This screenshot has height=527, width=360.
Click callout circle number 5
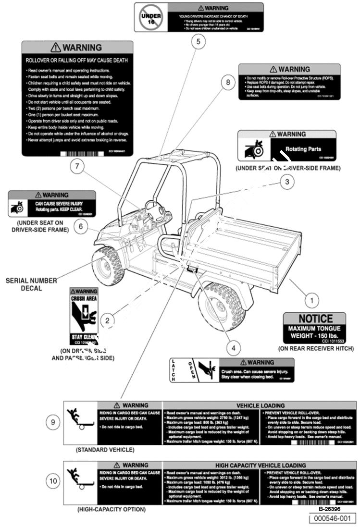pyautogui.click(x=197, y=41)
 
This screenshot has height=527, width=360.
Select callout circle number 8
pyautogui.click(x=228, y=82)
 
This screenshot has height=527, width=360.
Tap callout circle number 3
pyautogui.click(x=287, y=182)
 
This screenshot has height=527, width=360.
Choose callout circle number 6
pyautogui.click(x=81, y=227)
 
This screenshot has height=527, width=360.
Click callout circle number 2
pyautogui.click(x=108, y=319)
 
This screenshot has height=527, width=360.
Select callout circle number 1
pyautogui.click(x=311, y=301)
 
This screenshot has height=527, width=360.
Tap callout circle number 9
pyautogui.click(x=53, y=422)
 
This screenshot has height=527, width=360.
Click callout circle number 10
pyautogui.click(x=53, y=480)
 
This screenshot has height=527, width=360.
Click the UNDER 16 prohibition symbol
pyautogui.click(x=150, y=17)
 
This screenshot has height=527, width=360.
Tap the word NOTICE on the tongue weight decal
pyautogui.click(x=315, y=319)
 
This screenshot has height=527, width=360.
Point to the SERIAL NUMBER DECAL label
pyautogui.click(x=31, y=284)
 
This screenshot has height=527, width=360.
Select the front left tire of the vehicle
pyautogui.click(x=109, y=265)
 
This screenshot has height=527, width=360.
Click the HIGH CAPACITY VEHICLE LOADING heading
pyautogui.click(x=260, y=465)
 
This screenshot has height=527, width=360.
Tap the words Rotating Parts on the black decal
pyautogui.click(x=303, y=149)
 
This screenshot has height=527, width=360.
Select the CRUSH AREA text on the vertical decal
pyautogui.click(x=84, y=298)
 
